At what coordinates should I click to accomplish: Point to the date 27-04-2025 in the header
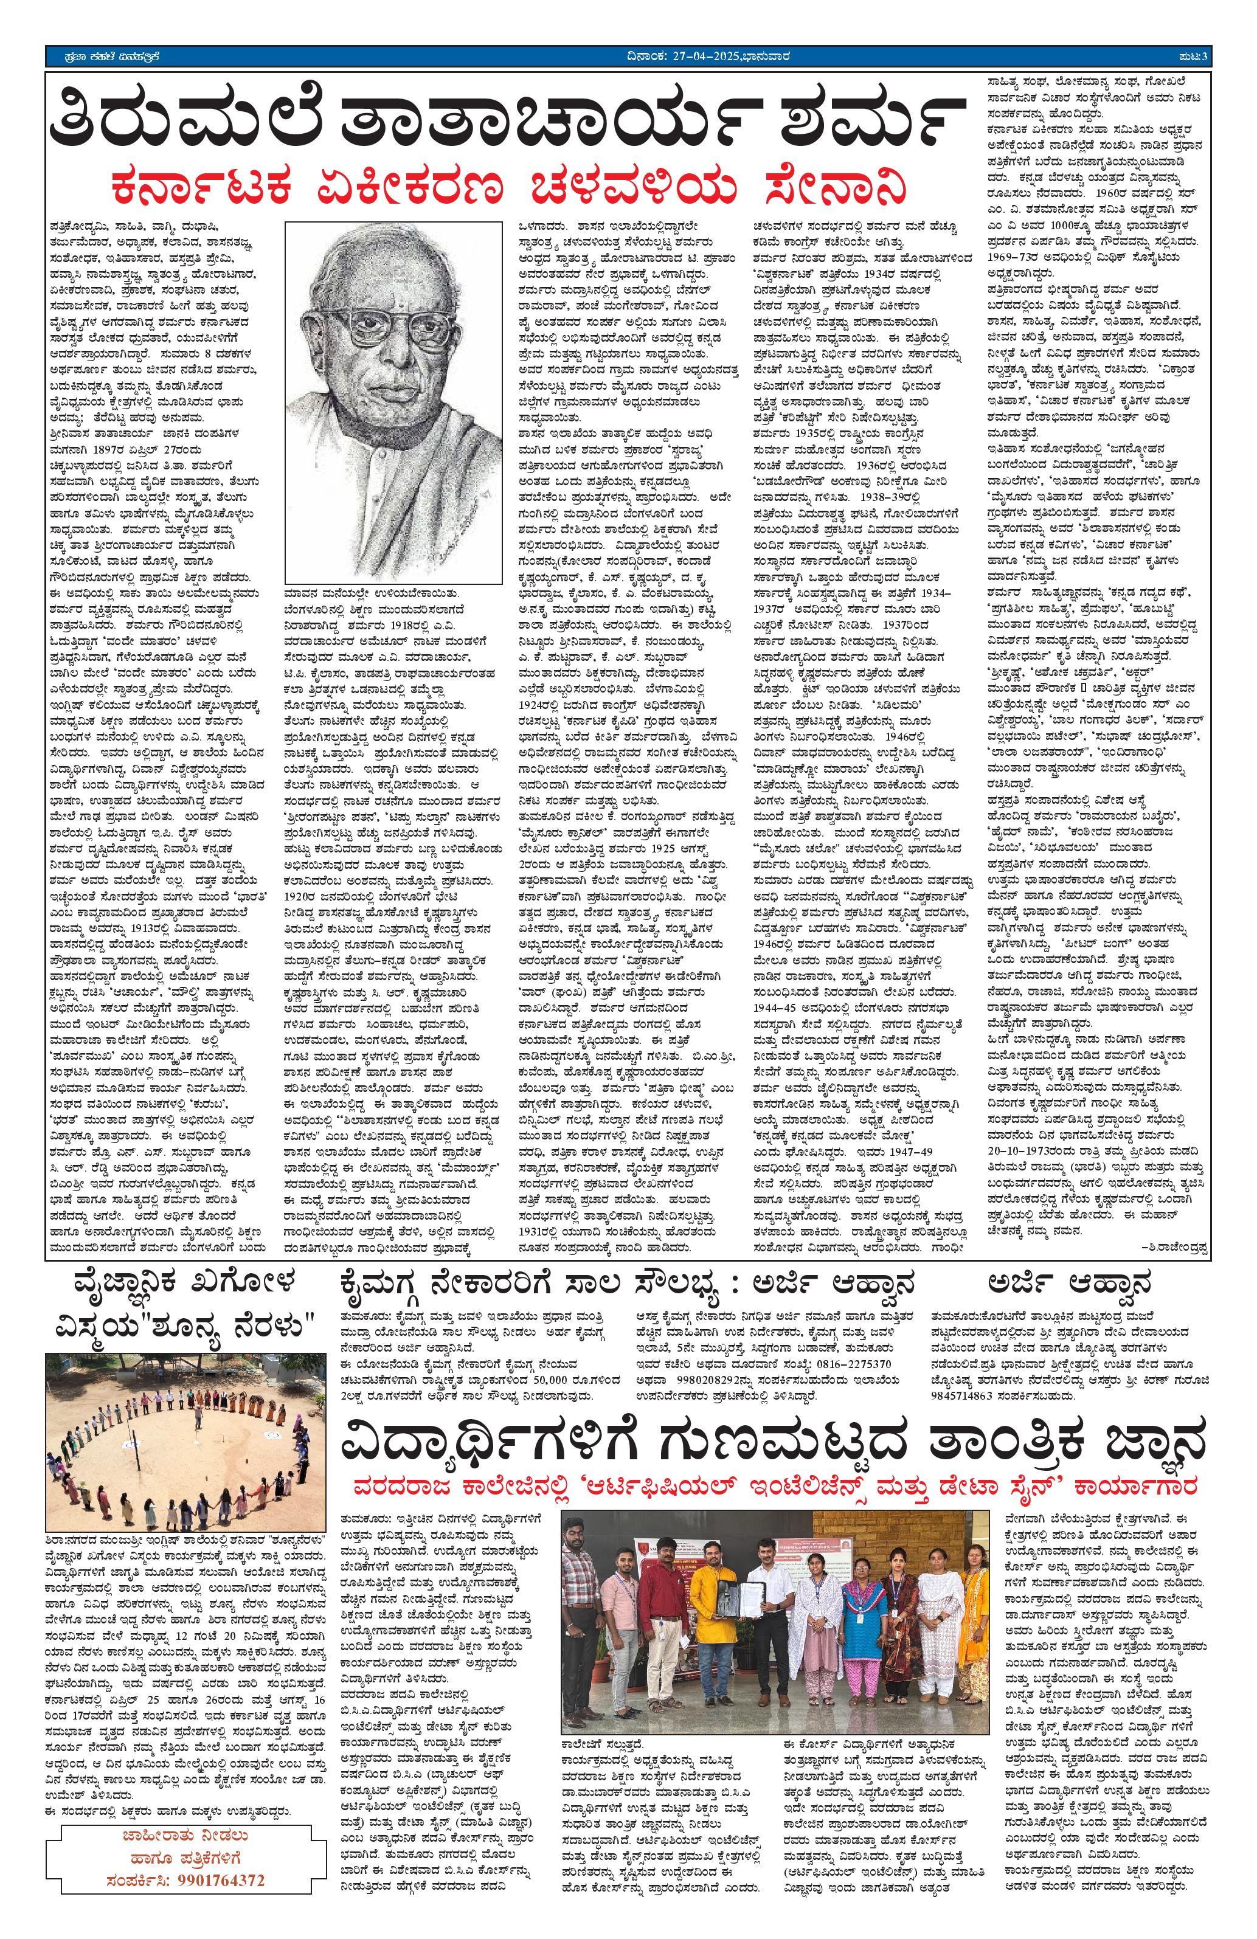pos(683,56)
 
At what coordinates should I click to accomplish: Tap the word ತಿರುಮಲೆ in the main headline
pos(183,122)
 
